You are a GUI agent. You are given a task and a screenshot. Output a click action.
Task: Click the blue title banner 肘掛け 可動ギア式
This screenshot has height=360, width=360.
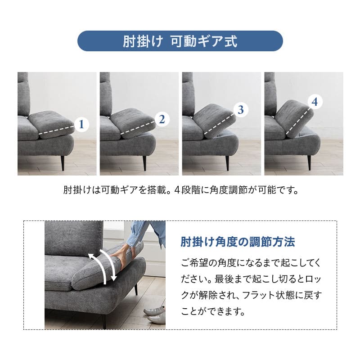click(x=180, y=41)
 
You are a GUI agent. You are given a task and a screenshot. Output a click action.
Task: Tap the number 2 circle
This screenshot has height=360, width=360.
click(x=162, y=119)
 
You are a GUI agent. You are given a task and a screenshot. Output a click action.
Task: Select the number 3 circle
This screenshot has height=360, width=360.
click(x=241, y=109)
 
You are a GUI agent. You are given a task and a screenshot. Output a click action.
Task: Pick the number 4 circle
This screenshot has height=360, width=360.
click(x=315, y=102)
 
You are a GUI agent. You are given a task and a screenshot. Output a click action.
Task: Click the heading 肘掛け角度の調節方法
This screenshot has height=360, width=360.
click(x=238, y=242)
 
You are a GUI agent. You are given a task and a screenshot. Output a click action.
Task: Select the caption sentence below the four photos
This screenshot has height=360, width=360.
click(x=180, y=189)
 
